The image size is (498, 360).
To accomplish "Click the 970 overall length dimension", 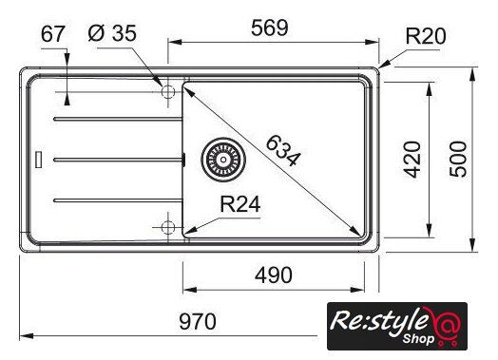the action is click(198, 321).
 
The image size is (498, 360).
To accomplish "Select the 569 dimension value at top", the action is click(270, 28).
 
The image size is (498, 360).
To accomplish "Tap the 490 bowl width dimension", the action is click(274, 275).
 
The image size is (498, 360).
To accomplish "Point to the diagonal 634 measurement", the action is click(282, 151).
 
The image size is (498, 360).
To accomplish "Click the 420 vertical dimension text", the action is click(412, 160).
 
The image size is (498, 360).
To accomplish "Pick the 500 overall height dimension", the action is click(458, 160).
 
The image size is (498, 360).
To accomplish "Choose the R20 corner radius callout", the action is click(426, 36).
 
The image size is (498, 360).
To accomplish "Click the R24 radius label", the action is click(240, 204).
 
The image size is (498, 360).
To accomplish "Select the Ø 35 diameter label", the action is click(112, 33).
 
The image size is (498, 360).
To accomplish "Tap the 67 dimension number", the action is click(53, 34).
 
